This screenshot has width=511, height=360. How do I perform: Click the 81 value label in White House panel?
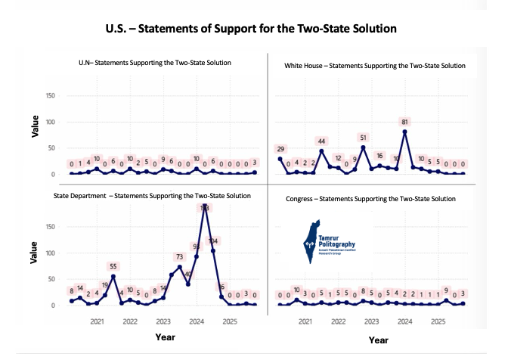coord(405,121)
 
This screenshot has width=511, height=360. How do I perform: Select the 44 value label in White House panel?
coord(321,141)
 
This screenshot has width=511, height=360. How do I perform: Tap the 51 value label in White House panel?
coord(364,138)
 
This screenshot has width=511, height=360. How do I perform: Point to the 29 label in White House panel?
coord(280,149)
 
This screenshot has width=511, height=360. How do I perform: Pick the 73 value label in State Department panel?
coord(179,257)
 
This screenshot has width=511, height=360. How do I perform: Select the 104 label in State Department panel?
coord(213,241)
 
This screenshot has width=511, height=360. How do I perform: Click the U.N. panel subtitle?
coord(155,62)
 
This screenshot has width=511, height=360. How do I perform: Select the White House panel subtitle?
coord(374,66)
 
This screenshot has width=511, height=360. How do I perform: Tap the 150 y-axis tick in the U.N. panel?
coord(51,96)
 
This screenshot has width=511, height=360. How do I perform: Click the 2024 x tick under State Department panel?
coord(196,321)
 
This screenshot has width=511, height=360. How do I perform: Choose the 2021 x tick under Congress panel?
coord(305,321)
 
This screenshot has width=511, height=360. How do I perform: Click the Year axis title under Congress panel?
coord(378,340)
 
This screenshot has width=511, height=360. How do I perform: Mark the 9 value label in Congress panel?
coord(446,290)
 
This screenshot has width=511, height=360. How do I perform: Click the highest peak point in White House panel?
coord(405,132)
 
